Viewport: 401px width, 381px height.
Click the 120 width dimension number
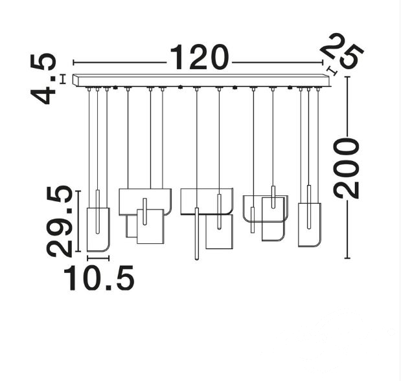point(199,57)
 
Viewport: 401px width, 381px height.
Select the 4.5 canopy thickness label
point(43,79)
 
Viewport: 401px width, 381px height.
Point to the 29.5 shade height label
point(59,221)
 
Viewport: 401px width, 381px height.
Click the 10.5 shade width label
point(98,278)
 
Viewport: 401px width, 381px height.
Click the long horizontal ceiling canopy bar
point(201,80)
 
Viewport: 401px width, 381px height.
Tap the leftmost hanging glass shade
point(98,230)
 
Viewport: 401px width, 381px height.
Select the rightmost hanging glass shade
point(309,224)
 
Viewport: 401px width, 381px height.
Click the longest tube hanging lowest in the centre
point(197,234)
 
